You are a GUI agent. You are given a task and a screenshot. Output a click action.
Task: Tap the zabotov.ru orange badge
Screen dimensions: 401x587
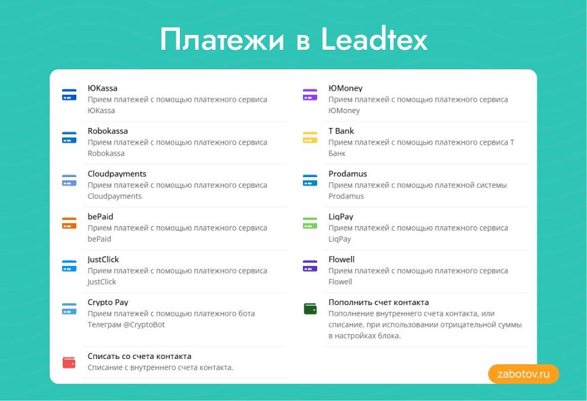523,374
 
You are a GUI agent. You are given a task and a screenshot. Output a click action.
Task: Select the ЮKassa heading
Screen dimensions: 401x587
102,88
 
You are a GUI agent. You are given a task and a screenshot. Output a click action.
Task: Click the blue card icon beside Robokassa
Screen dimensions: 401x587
69,137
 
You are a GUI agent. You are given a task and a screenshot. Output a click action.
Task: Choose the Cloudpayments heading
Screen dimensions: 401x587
117,174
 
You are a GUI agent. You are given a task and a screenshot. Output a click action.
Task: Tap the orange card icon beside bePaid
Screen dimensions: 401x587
69,223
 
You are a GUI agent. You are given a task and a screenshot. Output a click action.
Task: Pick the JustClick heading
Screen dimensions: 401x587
103,259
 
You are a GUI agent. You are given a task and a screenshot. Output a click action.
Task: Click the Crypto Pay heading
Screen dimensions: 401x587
108,302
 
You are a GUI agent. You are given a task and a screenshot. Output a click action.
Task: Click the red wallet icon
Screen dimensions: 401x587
69,362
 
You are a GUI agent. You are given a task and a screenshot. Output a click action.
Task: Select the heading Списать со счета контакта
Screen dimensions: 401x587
139,356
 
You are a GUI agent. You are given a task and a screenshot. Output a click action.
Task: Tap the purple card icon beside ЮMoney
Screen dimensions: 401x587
310,94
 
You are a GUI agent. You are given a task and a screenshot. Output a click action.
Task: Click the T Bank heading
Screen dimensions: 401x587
341,131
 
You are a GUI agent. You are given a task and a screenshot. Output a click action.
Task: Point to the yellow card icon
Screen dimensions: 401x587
310,137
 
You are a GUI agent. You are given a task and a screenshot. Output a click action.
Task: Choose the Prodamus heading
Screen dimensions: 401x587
347,174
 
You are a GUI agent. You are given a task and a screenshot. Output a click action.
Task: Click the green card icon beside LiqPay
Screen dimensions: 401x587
310,223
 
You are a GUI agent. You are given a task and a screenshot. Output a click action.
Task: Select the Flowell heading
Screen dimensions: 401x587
341,259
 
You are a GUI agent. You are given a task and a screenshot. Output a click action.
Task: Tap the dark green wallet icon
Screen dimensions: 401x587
310,309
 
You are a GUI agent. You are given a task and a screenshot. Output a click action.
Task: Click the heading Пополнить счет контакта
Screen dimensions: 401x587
378,302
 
